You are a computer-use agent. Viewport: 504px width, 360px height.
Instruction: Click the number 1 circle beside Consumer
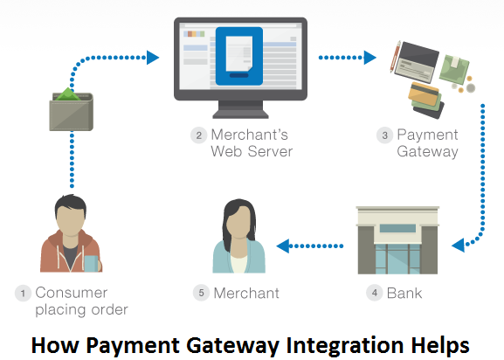[23, 293]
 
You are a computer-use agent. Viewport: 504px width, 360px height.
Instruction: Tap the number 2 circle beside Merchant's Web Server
[198, 135]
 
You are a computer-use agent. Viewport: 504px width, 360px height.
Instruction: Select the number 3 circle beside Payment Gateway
[384, 135]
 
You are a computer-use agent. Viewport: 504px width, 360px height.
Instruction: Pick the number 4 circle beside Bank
[375, 293]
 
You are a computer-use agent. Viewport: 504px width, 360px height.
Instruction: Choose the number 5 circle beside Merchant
[201, 293]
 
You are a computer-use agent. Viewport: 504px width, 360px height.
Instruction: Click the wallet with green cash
[72, 109]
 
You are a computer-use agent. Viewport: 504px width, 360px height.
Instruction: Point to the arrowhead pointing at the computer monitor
[153, 58]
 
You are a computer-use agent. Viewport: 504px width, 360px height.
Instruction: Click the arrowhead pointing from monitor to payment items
[370, 58]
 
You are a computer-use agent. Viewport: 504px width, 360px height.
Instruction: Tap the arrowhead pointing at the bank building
[458, 246]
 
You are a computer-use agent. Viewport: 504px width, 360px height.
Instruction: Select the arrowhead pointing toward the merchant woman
[283, 246]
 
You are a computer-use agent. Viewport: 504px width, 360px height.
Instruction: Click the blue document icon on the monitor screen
[239, 56]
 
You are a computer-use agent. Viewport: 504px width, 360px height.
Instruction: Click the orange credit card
[424, 93]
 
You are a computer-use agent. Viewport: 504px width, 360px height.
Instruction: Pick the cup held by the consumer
[92, 264]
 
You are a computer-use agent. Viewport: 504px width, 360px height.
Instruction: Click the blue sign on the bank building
[397, 228]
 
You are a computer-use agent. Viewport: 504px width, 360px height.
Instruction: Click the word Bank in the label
[404, 293]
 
